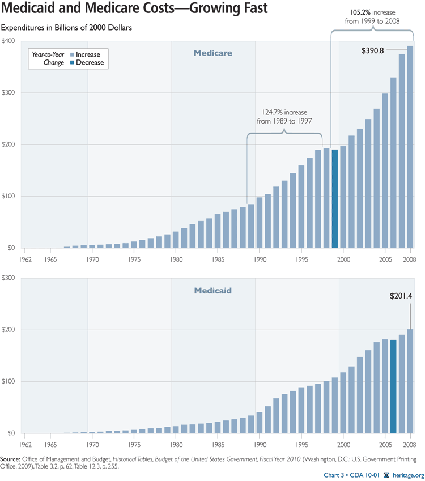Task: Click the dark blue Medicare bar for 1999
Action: [x=335, y=198]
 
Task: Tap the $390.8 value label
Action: [x=373, y=50]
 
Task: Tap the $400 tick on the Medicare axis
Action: [x=8, y=41]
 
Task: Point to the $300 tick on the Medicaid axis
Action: [x=8, y=278]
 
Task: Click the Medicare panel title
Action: [x=213, y=53]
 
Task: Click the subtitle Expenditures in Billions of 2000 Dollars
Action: [x=70, y=27]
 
